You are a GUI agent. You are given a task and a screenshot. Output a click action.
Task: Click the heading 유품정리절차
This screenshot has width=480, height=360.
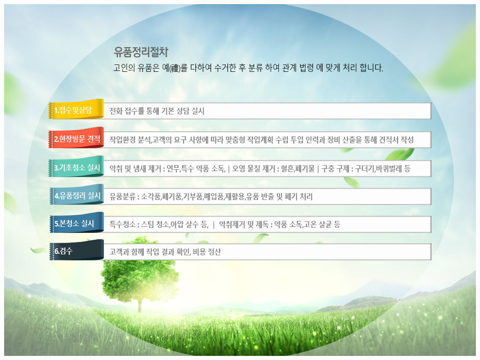point(141,52)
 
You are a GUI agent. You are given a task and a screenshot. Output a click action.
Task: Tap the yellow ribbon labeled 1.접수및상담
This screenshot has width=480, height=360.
point(76,109)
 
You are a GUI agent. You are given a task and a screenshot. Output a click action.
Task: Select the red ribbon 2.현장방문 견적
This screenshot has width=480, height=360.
point(76,138)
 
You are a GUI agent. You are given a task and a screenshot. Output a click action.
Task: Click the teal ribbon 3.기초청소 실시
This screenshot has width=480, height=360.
point(76,167)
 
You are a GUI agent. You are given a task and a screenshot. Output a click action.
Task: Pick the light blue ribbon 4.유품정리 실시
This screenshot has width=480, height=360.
point(76,195)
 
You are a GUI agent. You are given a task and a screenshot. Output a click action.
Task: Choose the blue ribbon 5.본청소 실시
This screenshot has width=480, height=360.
point(76,223)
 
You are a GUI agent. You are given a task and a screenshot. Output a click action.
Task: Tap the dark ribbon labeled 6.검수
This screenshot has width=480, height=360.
point(76,250)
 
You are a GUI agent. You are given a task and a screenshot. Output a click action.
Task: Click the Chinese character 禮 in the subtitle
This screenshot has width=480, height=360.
point(175,68)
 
